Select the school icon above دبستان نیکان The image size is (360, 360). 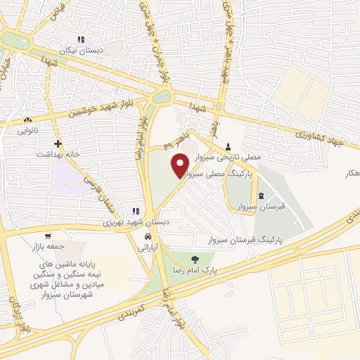click(x=82, y=40)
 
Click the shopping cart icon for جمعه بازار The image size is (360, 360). click(x=47, y=237)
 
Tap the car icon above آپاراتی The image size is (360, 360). click(x=148, y=238)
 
